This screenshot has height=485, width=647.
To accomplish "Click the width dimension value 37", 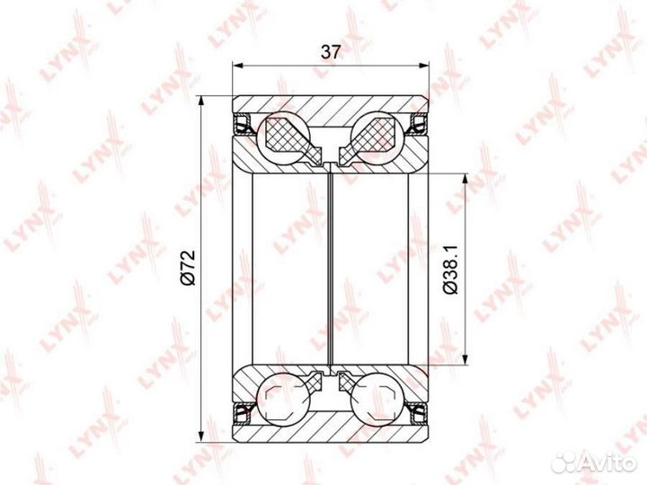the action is (x=331, y=52).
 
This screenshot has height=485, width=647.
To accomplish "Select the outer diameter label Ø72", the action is (x=187, y=268).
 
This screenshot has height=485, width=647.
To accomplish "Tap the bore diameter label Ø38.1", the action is (x=450, y=269).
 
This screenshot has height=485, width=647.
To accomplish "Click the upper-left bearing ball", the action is (x=283, y=138).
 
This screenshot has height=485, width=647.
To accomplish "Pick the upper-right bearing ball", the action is (x=377, y=138).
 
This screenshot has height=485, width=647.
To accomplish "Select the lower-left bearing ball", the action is (x=283, y=399).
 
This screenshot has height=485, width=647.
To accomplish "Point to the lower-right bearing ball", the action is (x=377, y=399).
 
